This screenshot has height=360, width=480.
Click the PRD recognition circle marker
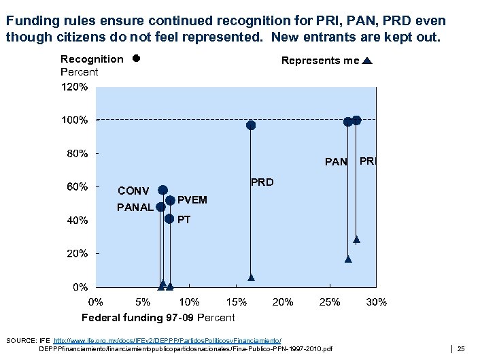(251, 125)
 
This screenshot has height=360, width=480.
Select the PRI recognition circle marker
(356, 120)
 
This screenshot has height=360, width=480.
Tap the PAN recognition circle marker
(348, 122)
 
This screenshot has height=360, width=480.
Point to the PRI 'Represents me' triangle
(356, 240)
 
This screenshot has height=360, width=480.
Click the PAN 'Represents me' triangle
(348, 259)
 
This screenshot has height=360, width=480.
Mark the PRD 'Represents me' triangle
(251, 278)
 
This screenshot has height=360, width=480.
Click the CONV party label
(134, 191)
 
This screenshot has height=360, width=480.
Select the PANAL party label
(135, 207)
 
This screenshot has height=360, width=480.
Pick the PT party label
(184, 220)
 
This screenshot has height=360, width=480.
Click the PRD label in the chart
(262, 182)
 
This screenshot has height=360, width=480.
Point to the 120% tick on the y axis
(75, 88)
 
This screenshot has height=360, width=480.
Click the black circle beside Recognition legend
(136, 59)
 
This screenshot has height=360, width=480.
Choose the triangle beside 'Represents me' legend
(367, 61)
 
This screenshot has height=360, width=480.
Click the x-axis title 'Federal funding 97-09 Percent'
(158, 318)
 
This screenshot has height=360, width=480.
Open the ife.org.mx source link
(167, 340)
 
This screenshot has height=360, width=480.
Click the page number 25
(461, 348)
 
